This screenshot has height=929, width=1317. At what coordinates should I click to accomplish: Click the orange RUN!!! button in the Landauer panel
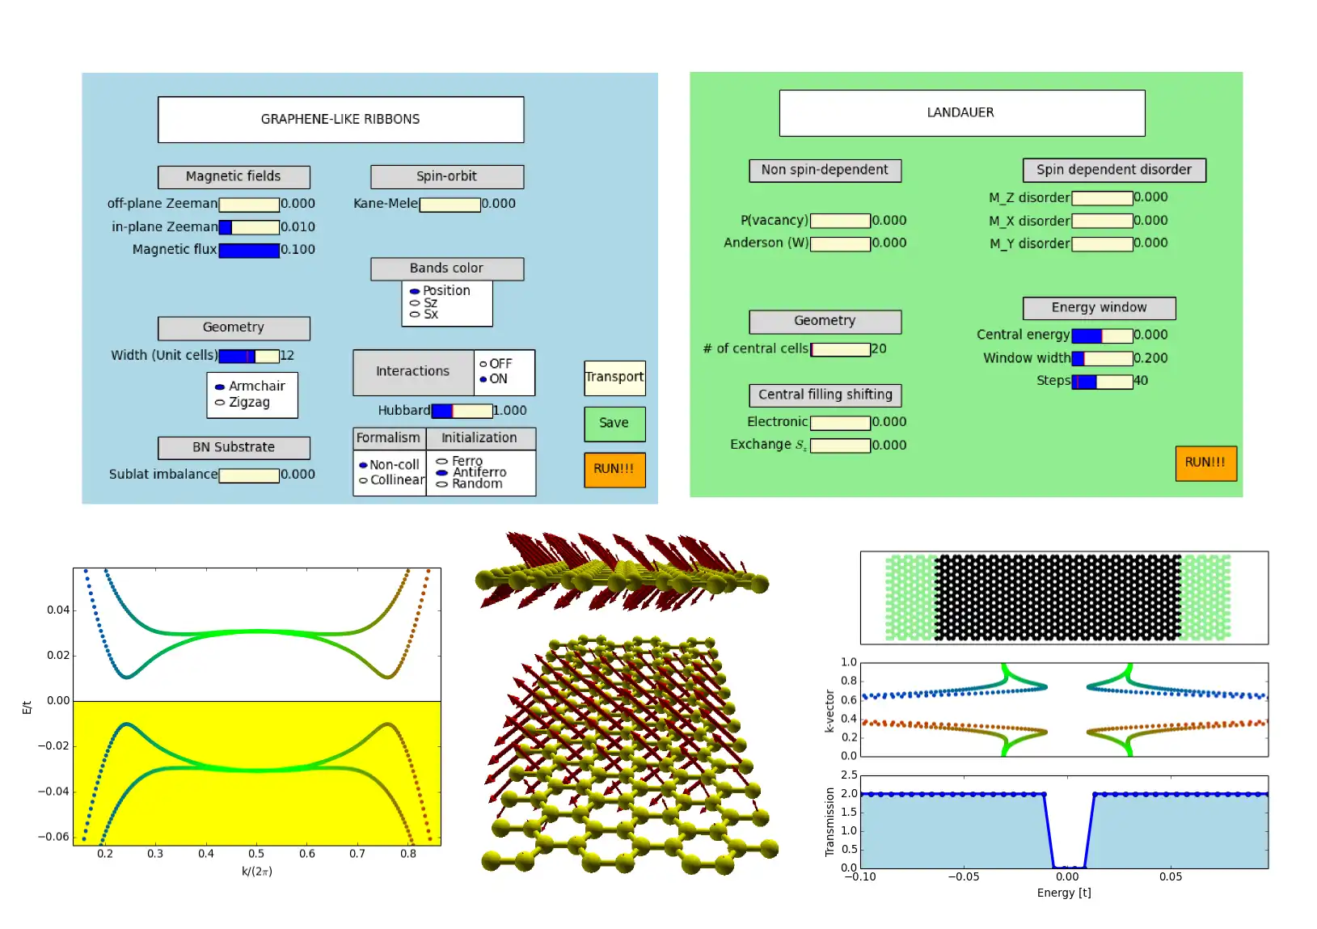(1205, 463)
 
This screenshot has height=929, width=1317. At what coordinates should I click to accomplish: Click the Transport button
(614, 378)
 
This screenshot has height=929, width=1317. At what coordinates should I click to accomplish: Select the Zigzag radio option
(220, 403)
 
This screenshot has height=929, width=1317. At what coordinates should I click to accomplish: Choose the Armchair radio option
(220, 387)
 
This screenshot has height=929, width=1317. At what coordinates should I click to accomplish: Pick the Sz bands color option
(415, 303)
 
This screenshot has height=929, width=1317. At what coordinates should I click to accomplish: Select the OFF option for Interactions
(483, 365)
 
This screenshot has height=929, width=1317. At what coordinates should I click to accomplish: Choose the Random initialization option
(441, 484)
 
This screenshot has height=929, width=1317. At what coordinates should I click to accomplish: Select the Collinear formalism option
(364, 480)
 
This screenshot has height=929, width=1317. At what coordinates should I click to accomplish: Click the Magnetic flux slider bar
(249, 251)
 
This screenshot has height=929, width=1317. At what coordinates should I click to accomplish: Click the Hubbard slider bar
(462, 411)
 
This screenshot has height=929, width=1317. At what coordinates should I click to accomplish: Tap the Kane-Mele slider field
(450, 205)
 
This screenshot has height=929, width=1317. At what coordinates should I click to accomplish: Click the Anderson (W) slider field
(840, 244)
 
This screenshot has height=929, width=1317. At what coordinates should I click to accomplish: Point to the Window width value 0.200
(1150, 358)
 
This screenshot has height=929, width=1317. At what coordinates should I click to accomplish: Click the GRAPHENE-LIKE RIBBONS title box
(340, 120)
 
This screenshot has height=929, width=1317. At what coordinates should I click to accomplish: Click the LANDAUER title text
(960, 112)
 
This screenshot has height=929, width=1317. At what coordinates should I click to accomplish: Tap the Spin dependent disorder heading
(1113, 170)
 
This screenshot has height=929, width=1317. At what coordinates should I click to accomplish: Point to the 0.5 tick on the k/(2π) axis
(256, 854)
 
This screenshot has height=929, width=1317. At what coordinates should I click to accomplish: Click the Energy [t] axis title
(1064, 893)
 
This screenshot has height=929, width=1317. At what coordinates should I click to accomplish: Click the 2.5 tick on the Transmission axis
(849, 775)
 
